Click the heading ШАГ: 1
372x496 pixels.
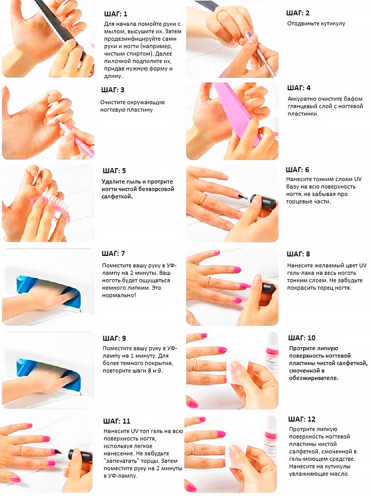coord(116,14)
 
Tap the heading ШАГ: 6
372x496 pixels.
coord(298,170)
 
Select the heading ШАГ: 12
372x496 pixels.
coord(302,419)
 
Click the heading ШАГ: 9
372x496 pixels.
coord(114,338)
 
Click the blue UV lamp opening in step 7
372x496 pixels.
coord(47,290)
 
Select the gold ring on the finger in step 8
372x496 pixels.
coord(208,281)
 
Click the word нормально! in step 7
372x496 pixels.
coord(119,296)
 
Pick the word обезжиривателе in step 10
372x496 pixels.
coord(313,378)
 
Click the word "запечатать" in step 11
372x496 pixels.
coord(121,461)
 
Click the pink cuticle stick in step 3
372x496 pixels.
coord(76,139)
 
